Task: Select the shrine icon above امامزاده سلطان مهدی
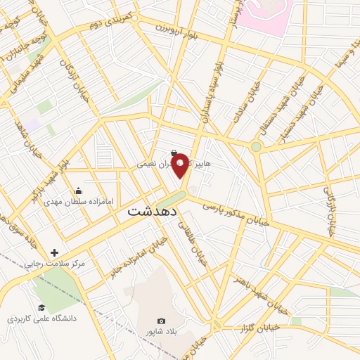79,191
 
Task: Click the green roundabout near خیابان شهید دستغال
256,147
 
